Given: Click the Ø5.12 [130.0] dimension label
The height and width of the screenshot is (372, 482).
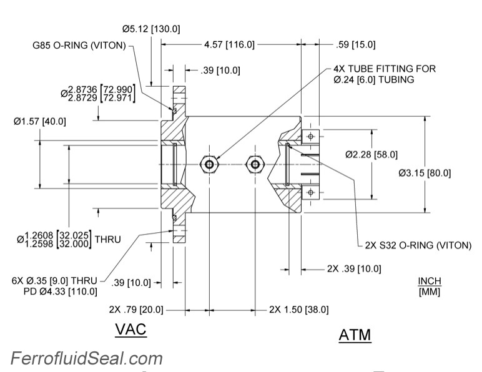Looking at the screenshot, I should pos(151,28).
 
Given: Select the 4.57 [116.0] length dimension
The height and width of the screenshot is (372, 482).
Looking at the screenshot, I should pos(229,44).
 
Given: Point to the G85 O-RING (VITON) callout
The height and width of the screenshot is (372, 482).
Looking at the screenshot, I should pos(80,45).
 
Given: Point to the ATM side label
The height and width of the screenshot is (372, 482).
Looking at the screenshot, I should pos(355,335).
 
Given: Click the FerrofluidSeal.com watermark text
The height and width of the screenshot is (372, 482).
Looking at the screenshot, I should pos(87,358).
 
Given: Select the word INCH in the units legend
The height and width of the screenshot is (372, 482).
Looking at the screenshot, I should pos(429,281).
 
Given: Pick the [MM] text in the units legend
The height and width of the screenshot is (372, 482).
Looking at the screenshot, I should pos(429,291).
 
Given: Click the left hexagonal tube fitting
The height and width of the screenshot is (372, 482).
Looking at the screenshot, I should pos(208,164).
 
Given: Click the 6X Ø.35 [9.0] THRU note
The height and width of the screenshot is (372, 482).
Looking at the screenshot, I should pos(55,281).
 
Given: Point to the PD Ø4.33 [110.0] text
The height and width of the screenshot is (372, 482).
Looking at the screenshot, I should pos(61,291).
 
